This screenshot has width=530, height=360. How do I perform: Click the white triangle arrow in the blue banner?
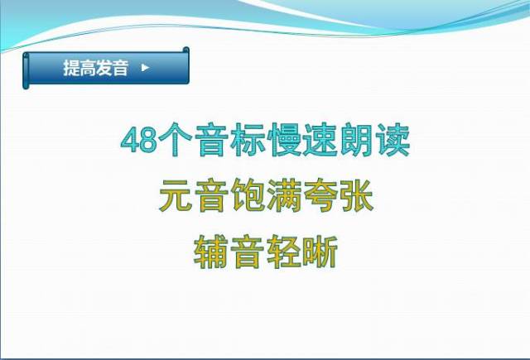(146, 68)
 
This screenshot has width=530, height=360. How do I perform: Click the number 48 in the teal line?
(139, 141)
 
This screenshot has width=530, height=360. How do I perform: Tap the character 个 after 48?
(176, 140)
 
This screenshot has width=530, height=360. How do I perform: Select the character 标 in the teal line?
(247, 140)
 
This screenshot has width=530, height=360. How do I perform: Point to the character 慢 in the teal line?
(283, 140)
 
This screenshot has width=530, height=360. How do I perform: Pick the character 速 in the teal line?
(320, 140)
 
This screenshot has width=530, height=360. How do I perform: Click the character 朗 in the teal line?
(356, 140)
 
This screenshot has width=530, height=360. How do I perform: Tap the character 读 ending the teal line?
(392, 140)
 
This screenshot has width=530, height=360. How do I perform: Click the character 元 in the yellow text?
(176, 195)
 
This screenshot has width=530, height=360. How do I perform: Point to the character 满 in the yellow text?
(283, 195)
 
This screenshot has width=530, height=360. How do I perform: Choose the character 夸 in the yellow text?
(320, 195)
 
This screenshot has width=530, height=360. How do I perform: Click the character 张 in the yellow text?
(356, 195)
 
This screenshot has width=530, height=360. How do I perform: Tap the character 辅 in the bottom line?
(211, 252)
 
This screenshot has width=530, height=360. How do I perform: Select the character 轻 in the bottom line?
(283, 252)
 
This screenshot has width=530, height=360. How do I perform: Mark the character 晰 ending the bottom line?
(320, 252)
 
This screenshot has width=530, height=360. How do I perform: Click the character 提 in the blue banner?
(71, 68)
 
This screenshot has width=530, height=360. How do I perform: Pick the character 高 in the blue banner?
(88, 68)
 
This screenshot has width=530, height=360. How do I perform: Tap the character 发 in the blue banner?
(104, 68)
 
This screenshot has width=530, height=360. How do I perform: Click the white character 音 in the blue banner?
(120, 68)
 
